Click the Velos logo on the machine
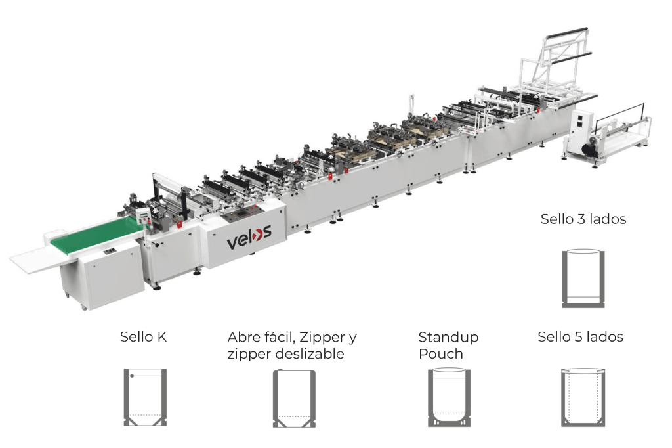(x=249, y=237)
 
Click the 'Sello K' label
(x=143, y=337)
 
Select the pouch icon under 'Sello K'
(x=145, y=397)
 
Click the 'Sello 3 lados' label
(x=583, y=219)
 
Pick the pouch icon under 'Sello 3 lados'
(x=583, y=279)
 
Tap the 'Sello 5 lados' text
(x=580, y=337)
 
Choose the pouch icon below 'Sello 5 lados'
(x=583, y=397)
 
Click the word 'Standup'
(x=448, y=337)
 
